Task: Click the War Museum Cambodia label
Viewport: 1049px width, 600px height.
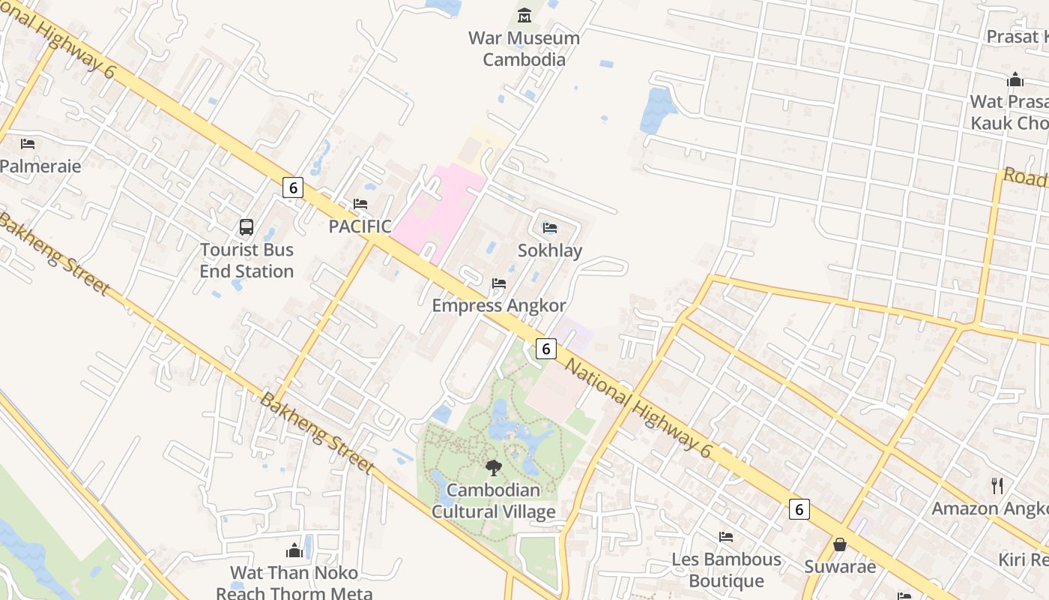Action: click(524, 49)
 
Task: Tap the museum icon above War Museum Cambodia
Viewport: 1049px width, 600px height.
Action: click(524, 15)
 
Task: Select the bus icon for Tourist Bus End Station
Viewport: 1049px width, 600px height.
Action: click(246, 226)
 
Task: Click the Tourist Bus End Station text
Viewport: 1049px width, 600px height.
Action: click(247, 260)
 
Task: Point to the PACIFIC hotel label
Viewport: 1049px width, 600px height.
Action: click(360, 226)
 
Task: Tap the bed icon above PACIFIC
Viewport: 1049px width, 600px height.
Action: click(360, 204)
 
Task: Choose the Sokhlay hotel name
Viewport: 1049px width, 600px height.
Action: click(550, 250)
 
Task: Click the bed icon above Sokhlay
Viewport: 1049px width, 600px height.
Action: click(550, 228)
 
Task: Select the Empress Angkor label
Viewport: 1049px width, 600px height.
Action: click(499, 305)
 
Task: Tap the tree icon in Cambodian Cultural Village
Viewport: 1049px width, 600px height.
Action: click(493, 468)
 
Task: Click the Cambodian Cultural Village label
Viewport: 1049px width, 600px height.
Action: click(494, 501)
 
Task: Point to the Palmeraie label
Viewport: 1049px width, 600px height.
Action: click(40, 166)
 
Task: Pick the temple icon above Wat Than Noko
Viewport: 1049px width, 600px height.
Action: click(294, 551)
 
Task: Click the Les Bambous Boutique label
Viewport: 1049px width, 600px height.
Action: click(726, 570)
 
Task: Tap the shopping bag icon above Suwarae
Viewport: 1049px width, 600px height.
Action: click(840, 544)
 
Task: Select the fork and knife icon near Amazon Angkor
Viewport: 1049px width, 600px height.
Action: click(997, 485)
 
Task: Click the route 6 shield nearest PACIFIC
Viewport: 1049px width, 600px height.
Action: click(293, 187)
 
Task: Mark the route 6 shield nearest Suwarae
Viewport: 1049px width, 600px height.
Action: click(799, 509)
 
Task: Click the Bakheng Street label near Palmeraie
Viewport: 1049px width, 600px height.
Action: click(54, 253)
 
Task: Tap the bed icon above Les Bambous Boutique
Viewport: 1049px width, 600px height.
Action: click(725, 537)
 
